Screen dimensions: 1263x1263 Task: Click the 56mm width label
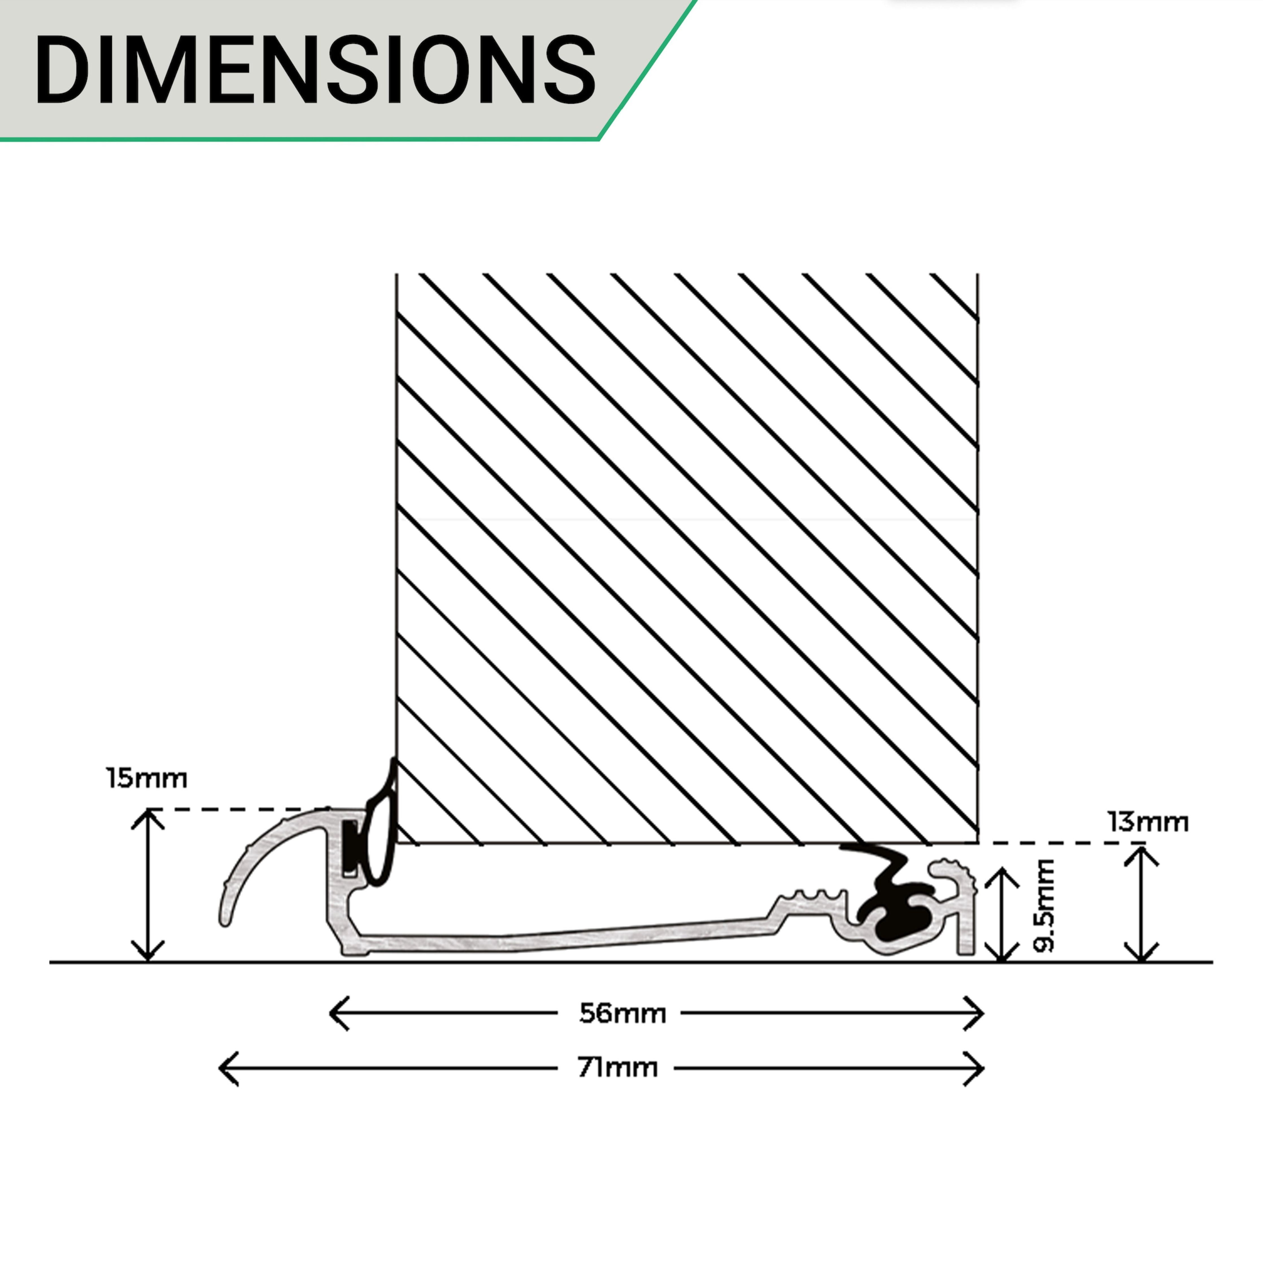(x=622, y=1014)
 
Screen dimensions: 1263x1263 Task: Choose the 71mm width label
(x=618, y=1068)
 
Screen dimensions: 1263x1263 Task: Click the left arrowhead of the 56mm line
(x=335, y=1014)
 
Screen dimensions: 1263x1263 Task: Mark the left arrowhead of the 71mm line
(x=224, y=1069)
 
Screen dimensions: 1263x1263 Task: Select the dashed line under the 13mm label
(x=1059, y=843)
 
